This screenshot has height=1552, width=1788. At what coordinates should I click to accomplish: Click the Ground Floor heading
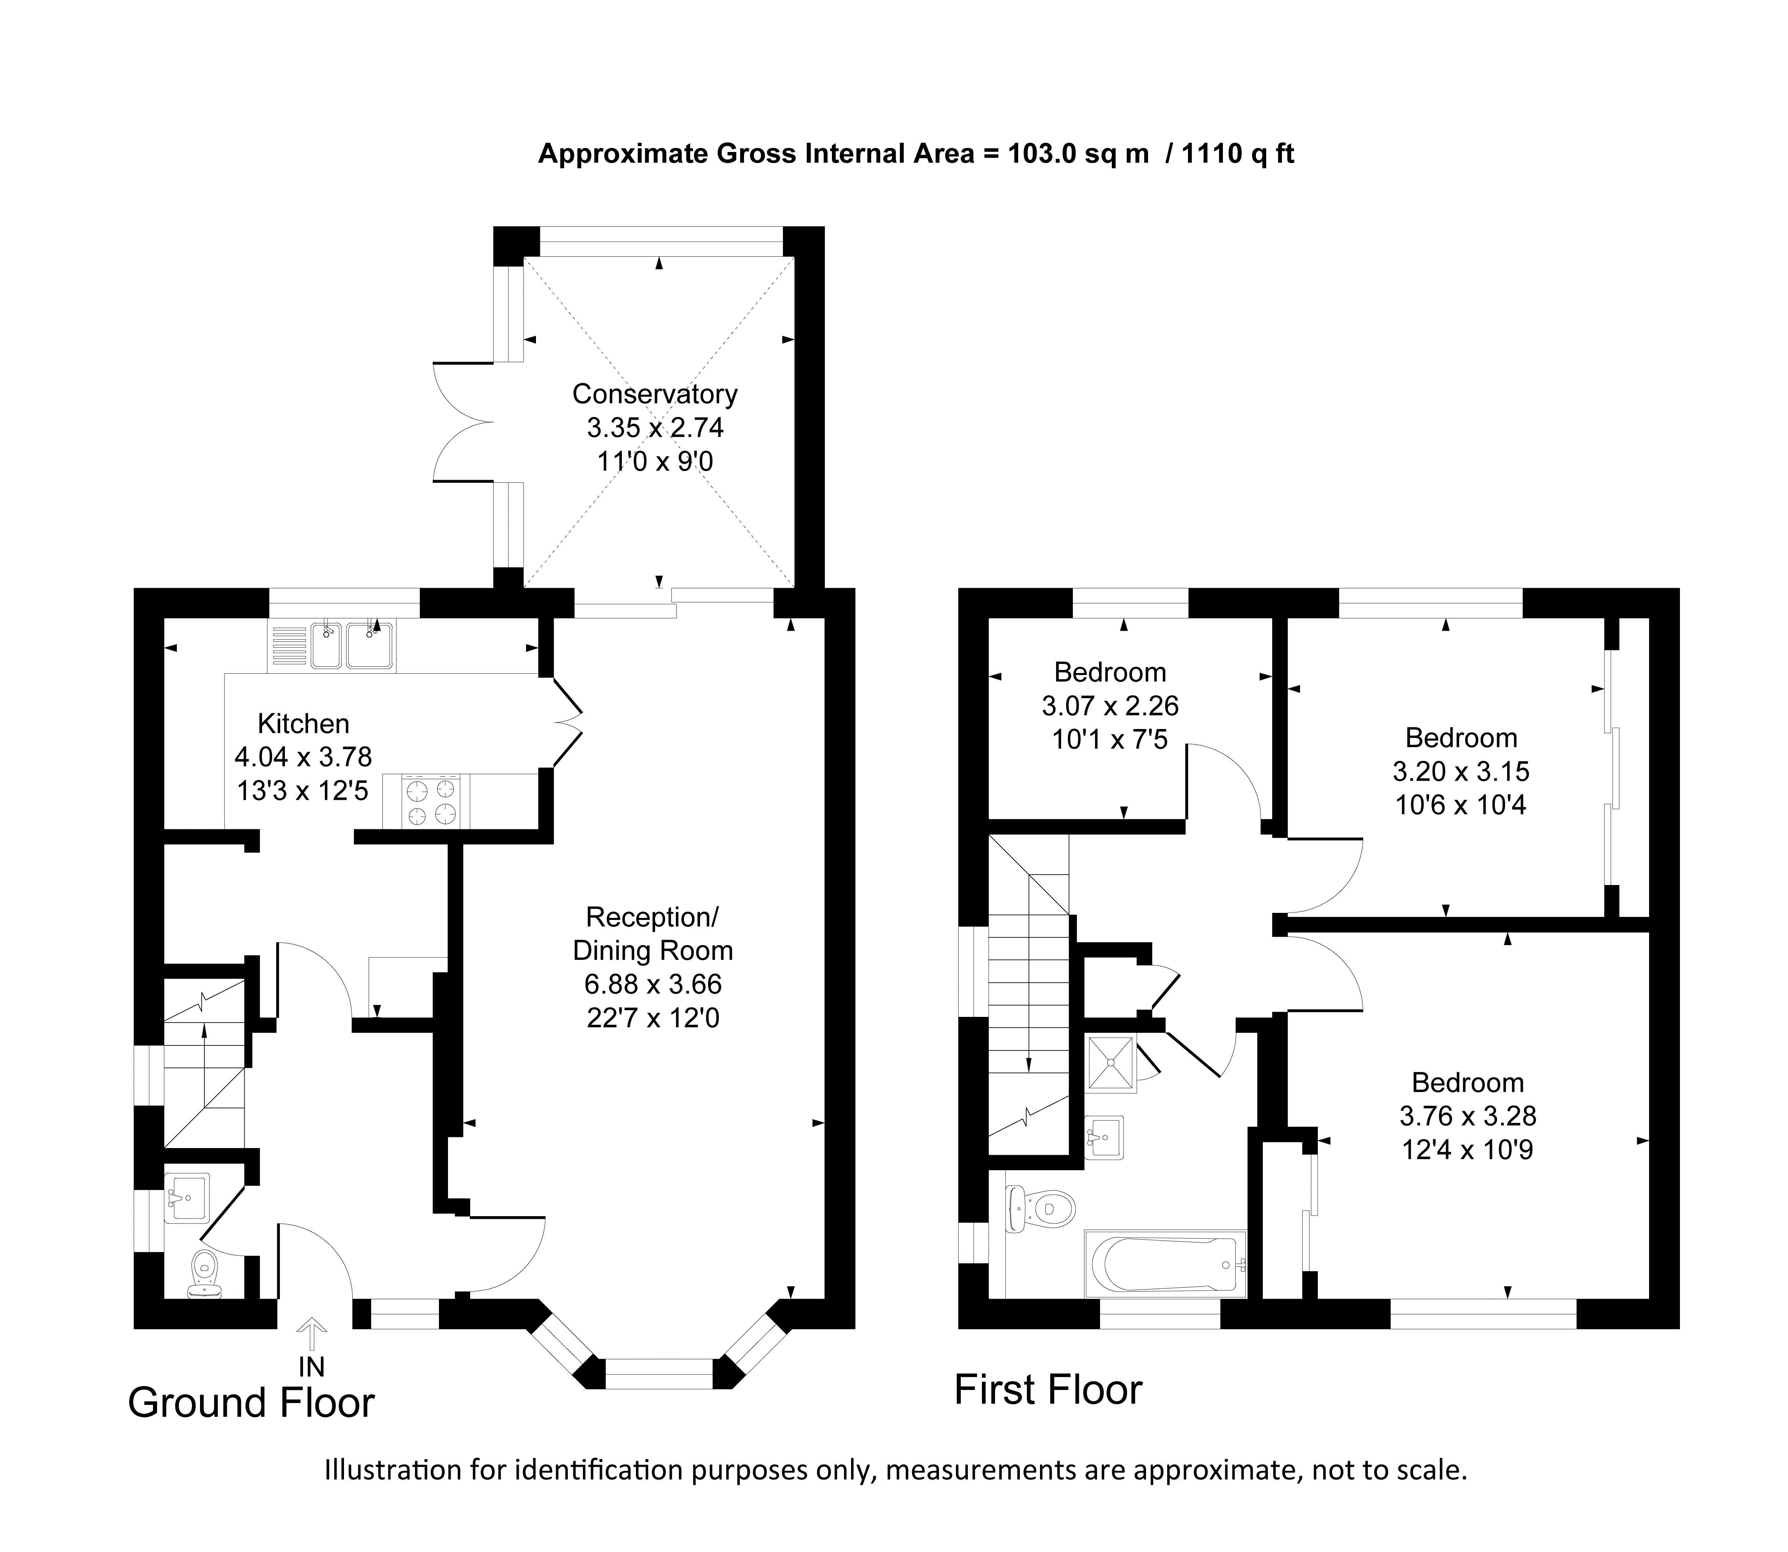251,1403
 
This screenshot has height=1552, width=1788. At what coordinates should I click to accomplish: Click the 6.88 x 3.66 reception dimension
653,984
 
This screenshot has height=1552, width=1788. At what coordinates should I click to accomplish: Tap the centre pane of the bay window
658,1373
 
